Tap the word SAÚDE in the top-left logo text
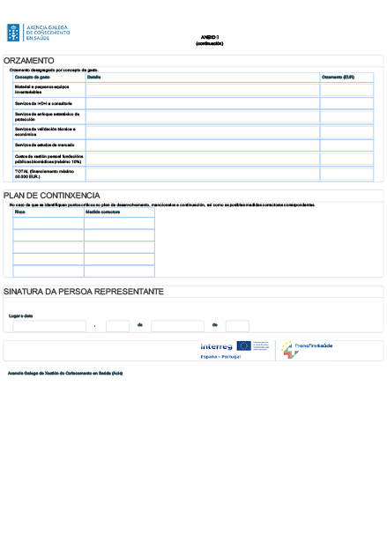click(x=38, y=39)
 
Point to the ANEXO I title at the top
click(x=209, y=38)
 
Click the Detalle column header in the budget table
click(x=94, y=78)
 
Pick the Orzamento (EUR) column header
click(x=338, y=78)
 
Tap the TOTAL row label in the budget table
click(x=40, y=174)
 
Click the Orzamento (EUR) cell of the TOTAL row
click(x=346, y=174)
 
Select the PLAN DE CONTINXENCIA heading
click(x=51, y=195)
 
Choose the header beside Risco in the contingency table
click(x=103, y=212)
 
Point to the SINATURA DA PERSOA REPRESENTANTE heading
click(x=83, y=292)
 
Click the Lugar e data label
click(x=20, y=316)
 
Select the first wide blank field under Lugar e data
click(x=49, y=326)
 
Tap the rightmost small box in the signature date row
click(x=237, y=326)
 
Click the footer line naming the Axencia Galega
click(x=64, y=374)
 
